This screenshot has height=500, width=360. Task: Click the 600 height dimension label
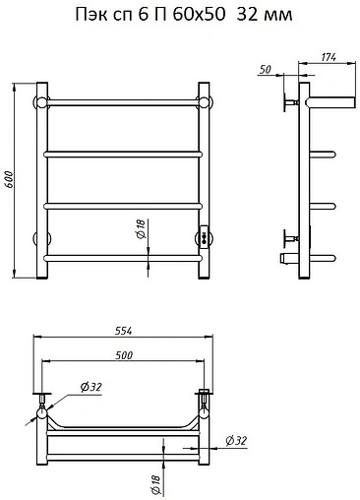coord(9,179)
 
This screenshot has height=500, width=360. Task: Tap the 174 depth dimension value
coord(329,57)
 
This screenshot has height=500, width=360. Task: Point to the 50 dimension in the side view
coord(266,70)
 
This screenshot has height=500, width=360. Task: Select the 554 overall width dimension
coord(123,331)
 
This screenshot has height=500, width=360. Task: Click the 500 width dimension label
coord(124,355)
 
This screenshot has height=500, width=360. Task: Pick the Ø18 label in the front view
coord(141,229)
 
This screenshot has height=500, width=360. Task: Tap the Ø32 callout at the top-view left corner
coord(91,387)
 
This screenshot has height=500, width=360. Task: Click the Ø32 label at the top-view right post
coord(236,441)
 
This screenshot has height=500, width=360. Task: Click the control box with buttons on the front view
coord(204,237)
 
